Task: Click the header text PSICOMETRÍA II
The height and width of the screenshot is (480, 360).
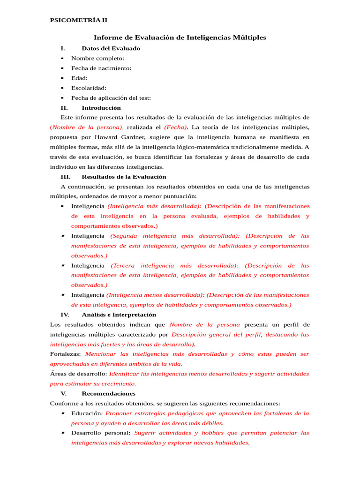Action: (78, 20)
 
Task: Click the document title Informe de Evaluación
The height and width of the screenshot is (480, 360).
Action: (180, 37)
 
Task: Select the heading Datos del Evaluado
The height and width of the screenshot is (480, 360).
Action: (111, 48)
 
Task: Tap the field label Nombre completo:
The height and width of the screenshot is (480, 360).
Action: (97, 58)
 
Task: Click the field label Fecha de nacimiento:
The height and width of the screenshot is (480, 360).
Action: (101, 68)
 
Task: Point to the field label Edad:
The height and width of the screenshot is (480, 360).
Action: (79, 78)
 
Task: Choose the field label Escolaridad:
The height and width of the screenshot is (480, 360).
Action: (89, 88)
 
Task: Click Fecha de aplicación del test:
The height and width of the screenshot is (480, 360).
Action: (111, 98)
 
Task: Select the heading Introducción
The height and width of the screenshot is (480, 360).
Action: (101, 107)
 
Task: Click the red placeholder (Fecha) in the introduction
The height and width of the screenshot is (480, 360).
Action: (175, 127)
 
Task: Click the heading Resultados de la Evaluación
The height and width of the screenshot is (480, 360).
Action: (124, 177)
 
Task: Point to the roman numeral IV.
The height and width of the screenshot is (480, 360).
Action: (65, 315)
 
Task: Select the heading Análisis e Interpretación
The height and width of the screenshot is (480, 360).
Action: (119, 315)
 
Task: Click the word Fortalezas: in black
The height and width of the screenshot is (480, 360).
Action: (65, 354)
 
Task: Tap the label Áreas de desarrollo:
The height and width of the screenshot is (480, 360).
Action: (78, 374)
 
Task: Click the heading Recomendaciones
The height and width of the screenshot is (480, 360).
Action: (108, 393)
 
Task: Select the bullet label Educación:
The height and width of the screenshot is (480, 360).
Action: (87, 413)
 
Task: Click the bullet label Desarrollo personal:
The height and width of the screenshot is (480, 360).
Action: (101, 433)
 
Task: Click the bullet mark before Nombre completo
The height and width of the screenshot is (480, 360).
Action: (62, 58)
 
